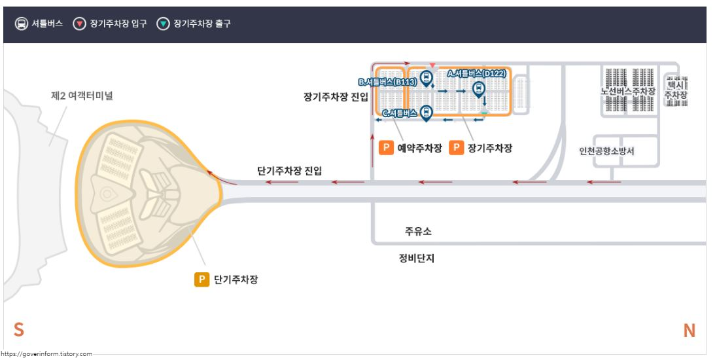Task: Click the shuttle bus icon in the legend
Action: (x=22, y=24)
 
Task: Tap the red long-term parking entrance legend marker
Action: (x=80, y=24)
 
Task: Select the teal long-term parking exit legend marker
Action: (x=163, y=24)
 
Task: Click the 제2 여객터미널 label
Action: (x=82, y=96)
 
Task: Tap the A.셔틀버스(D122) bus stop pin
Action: (x=479, y=88)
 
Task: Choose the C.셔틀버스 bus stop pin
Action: (x=426, y=112)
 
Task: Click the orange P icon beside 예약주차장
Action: (x=386, y=148)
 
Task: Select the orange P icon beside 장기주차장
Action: (x=457, y=148)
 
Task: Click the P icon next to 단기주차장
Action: (x=201, y=279)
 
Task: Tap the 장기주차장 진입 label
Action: (x=336, y=96)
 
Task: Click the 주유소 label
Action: (x=418, y=232)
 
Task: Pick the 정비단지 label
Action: (x=417, y=258)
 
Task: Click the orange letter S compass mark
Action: (x=19, y=331)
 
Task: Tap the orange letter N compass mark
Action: (x=689, y=331)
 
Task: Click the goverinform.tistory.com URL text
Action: (x=46, y=353)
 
